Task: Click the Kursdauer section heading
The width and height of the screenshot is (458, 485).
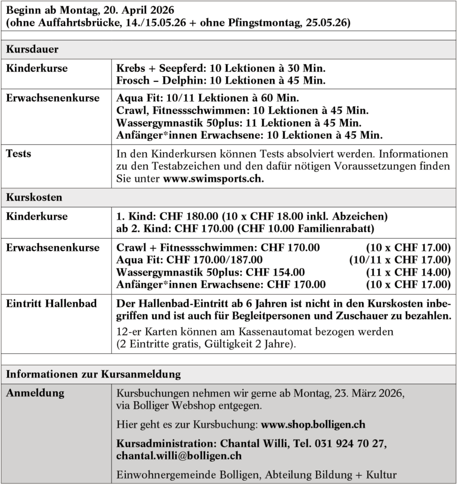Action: pos(32,49)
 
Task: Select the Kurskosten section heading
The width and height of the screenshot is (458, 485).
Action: pos(34,198)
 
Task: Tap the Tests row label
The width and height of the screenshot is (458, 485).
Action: pos(18,153)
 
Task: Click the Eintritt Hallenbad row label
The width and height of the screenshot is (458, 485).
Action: pos(51,304)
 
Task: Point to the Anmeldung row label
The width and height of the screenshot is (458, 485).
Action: pos(35,393)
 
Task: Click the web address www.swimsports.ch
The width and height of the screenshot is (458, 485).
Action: pos(214,180)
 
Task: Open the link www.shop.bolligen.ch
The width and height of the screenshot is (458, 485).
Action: pos(313,424)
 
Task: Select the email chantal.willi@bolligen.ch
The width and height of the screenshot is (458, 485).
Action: pos(179,456)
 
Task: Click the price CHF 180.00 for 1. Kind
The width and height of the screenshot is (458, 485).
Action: pos(189,216)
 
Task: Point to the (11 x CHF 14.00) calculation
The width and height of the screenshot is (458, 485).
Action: pos(408,272)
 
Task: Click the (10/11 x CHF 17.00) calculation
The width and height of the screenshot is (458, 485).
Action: pos(400,260)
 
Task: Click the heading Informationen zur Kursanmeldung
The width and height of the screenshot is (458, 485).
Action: pos(93,374)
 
